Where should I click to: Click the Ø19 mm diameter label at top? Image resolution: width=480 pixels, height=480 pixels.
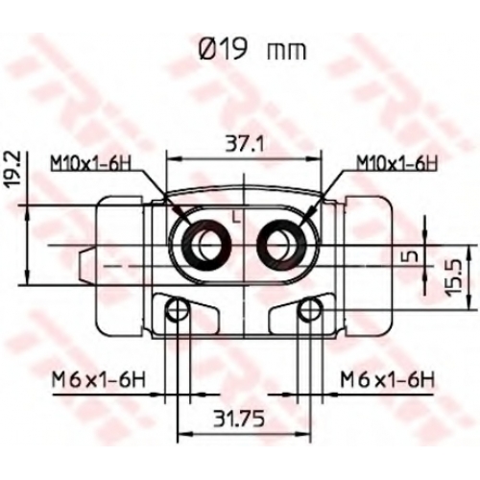[x=252, y=51]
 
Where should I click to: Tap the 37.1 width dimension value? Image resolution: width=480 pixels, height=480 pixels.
[x=245, y=146]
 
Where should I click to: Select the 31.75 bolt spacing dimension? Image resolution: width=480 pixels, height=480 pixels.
[x=239, y=419]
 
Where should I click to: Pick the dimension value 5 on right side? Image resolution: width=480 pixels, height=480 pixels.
[x=413, y=255]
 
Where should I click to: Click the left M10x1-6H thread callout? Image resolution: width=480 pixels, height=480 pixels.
[x=91, y=163]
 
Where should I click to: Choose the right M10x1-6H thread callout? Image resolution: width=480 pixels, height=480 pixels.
[x=396, y=163]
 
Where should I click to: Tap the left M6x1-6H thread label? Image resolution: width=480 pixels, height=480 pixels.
[x=99, y=380]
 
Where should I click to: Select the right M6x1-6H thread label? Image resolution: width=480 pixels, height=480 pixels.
[x=388, y=380]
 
